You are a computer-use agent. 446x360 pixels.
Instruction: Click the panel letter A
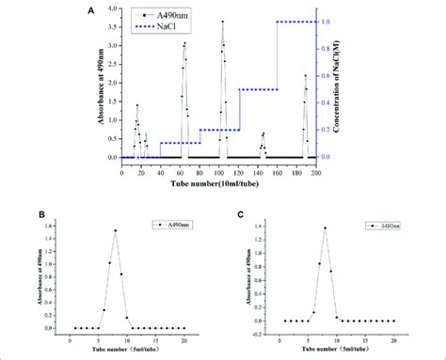pyautogui.click(x=90, y=10)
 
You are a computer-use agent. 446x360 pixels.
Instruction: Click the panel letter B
pyautogui.click(x=41, y=214)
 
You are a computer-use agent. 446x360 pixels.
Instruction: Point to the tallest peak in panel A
pyautogui.click(x=222, y=21)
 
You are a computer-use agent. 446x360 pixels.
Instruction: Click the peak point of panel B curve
pyautogui.click(x=116, y=230)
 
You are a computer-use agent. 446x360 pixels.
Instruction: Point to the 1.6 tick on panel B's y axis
pyautogui.click(x=63, y=225)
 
